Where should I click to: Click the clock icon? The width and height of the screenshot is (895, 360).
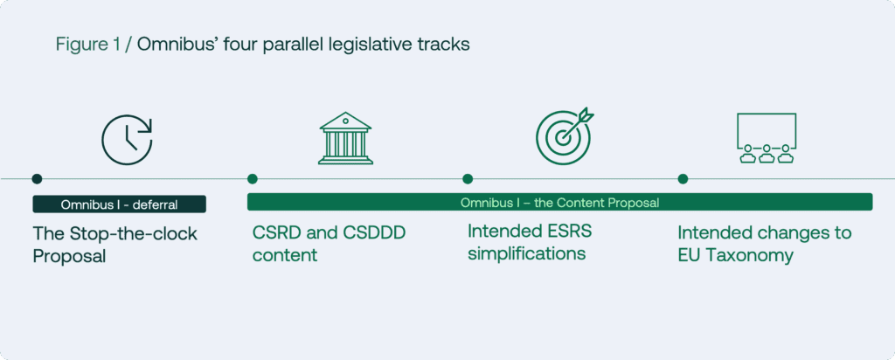127,140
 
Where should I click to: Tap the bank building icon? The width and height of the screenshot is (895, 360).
345,138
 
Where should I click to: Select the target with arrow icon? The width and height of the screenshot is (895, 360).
565,137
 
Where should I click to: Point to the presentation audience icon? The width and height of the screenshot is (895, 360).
766,138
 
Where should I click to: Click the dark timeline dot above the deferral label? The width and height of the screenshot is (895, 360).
37,179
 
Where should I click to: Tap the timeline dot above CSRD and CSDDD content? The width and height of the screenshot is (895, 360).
253,179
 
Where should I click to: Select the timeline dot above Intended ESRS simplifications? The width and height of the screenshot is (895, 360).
468,179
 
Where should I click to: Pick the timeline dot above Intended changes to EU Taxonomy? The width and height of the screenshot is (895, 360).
683,179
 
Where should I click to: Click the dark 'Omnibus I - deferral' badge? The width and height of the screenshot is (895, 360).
119,204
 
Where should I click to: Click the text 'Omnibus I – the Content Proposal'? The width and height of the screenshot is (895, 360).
559,203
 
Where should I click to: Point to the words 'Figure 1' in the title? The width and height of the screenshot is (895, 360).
88,45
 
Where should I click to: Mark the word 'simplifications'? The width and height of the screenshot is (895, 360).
527,253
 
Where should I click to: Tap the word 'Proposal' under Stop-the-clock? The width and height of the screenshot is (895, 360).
70,256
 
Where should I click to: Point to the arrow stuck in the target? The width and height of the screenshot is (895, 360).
577,124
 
